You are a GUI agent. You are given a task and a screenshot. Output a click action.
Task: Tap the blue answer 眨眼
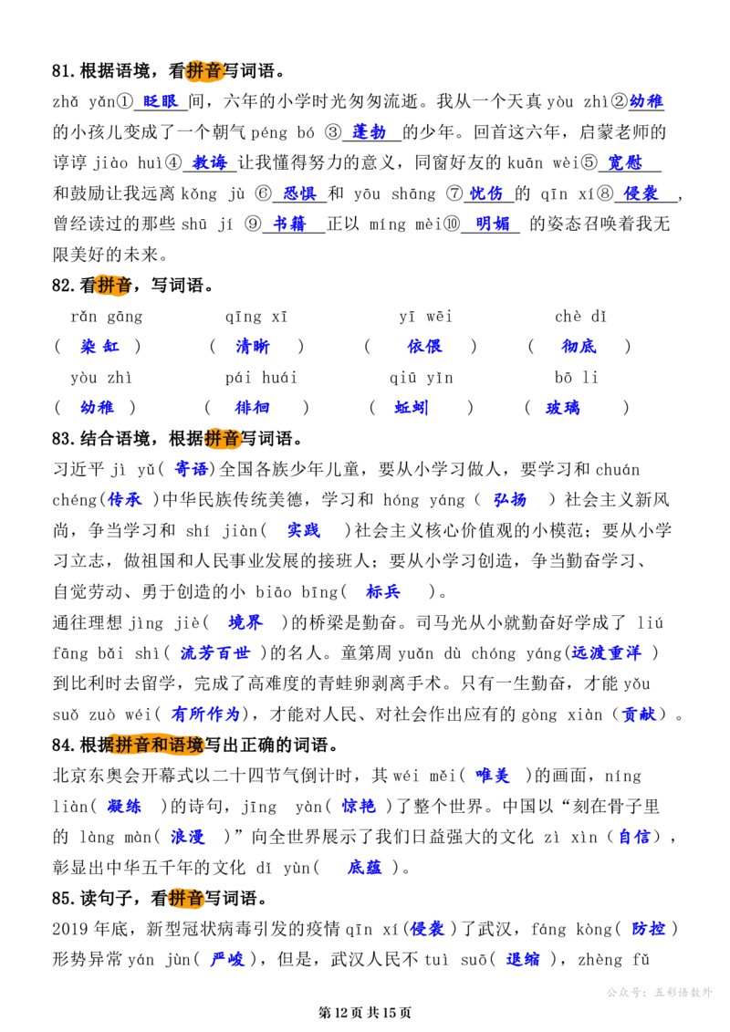(160, 101)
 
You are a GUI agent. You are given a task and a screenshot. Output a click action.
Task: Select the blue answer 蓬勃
(369, 132)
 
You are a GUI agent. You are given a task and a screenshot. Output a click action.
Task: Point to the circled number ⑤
(589, 162)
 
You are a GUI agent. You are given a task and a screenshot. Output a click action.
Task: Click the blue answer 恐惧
(299, 193)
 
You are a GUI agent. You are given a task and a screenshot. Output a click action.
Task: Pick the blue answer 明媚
(493, 224)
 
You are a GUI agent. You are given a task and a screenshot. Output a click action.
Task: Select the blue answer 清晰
(253, 346)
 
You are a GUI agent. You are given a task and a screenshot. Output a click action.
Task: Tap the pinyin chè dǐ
(580, 317)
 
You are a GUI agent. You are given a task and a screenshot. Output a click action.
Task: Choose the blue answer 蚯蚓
(412, 408)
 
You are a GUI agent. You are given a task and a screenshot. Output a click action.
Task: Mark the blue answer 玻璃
(563, 408)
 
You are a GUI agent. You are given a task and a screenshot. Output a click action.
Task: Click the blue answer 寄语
(191, 469)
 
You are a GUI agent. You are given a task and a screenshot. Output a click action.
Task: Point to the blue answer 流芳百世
(215, 653)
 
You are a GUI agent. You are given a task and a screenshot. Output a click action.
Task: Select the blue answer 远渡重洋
(606, 653)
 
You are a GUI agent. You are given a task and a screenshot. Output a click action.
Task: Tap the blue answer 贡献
(639, 714)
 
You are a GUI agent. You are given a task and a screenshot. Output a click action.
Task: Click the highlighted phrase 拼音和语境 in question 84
(159, 745)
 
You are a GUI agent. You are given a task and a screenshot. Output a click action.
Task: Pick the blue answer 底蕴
(365, 868)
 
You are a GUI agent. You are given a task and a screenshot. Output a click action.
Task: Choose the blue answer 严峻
(227, 960)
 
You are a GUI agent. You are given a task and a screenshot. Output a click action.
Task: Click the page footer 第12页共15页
(365, 1013)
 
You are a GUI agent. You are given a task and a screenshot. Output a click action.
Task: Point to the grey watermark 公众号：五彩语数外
(659, 992)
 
